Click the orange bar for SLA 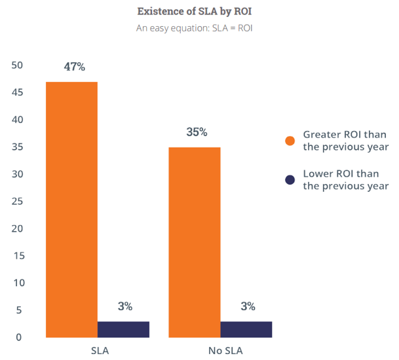71,209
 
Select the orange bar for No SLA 195,242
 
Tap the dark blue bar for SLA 124,329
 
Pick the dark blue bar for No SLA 246,329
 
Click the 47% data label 75,67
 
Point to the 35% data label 197,132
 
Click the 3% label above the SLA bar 125,306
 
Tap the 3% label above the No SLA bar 248,306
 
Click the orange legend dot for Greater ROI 290,141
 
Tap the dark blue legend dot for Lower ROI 290,180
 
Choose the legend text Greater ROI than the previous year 345,141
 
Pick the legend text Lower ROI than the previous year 345,180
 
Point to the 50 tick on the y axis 17,65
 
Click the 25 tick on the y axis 17,202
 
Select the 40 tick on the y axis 17,120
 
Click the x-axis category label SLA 99,351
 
